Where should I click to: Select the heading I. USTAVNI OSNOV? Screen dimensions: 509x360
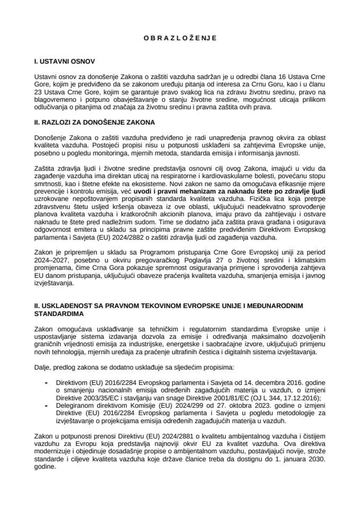[64, 62]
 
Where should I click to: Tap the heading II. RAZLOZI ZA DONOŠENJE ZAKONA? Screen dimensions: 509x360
[94, 122]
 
